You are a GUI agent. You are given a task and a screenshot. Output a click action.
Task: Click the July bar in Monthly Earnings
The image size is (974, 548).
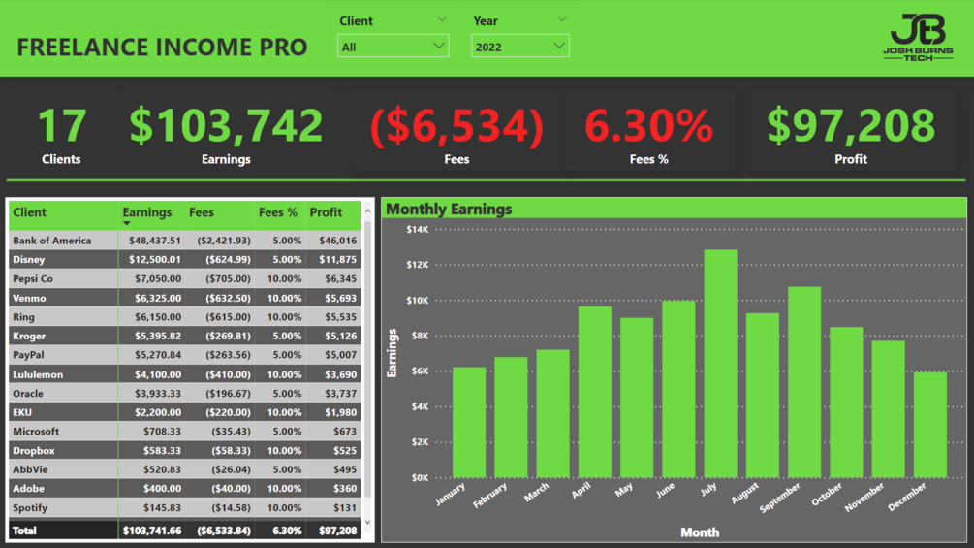tap(720, 364)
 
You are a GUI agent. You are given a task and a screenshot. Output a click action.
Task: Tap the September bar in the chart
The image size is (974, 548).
tap(804, 382)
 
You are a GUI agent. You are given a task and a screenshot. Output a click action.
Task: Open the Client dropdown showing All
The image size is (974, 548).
tap(393, 46)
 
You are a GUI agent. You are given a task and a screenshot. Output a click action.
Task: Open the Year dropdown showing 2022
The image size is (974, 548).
tap(519, 46)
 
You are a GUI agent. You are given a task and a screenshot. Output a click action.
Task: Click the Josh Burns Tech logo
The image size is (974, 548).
tap(917, 39)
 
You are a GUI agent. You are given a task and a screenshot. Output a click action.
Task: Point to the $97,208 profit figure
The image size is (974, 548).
tap(851, 126)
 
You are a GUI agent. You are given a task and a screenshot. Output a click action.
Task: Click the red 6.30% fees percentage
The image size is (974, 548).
tap(648, 126)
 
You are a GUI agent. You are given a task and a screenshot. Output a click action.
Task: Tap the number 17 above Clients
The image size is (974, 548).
tap(61, 126)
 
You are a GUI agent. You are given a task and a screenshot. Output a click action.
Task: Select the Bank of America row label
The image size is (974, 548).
tap(52, 241)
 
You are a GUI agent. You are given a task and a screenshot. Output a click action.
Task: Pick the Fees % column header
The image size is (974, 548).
tap(278, 212)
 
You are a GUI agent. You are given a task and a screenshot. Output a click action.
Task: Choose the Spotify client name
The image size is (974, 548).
tap(30, 508)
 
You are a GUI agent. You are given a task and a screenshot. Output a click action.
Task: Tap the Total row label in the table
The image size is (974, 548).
tap(24, 531)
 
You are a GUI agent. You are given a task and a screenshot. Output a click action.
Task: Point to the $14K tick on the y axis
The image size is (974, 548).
tap(417, 230)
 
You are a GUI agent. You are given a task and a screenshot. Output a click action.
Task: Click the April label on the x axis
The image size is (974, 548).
tap(581, 491)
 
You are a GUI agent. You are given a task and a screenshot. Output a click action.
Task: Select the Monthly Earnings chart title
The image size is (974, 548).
tap(449, 209)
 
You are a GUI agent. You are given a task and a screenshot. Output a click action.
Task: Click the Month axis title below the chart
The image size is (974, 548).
tap(700, 532)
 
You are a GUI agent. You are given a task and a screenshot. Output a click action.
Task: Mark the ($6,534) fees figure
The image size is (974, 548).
tap(456, 126)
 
